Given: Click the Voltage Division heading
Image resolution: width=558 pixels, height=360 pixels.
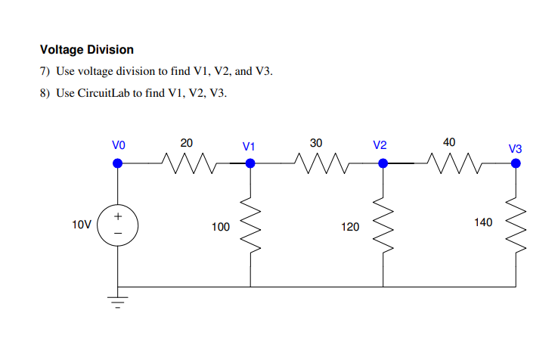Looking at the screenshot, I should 87,50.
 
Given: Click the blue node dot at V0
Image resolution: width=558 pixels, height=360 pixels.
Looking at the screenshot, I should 117,162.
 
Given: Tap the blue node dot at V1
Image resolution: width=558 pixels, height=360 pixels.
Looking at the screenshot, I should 250,162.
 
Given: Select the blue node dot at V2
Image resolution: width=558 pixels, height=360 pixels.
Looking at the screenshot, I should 383,162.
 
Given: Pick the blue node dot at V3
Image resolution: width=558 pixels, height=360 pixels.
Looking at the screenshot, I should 516,162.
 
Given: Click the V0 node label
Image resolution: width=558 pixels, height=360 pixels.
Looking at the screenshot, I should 118,144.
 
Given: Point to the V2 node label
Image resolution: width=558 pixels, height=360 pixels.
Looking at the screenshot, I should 380,144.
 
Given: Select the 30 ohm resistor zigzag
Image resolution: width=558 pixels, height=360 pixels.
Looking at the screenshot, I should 317,162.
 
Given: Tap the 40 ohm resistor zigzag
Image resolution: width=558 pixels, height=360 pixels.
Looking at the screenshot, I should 449,162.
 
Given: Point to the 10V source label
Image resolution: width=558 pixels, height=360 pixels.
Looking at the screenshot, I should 82,225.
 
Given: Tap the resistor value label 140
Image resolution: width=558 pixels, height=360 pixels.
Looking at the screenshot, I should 482,222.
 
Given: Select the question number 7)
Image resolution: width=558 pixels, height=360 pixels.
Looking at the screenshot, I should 45,72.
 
